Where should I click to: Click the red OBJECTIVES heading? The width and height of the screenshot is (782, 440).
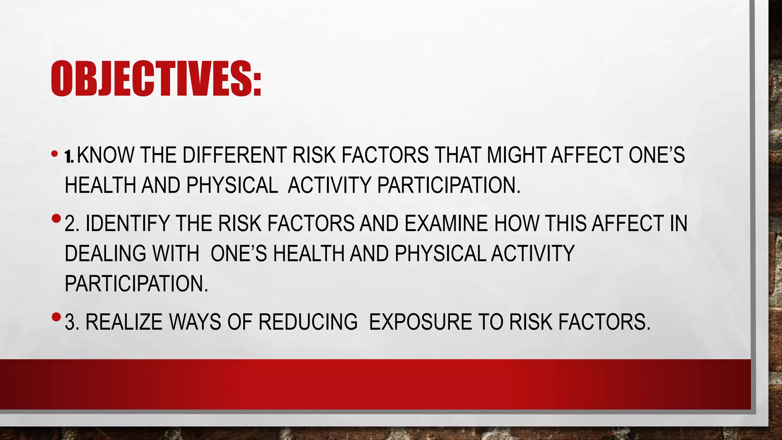tap(156, 79)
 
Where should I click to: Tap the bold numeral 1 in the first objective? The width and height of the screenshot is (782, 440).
tap(68, 157)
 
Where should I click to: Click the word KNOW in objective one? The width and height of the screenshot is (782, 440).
tap(106, 155)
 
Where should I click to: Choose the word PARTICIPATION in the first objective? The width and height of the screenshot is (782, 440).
tap(449, 186)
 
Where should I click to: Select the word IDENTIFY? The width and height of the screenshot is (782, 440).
tap(128, 224)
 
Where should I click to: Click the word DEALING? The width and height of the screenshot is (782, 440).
tap(105, 254)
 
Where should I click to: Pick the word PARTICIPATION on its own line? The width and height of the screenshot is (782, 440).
tap(136, 284)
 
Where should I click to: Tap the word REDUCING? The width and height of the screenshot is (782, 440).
tap(308, 322)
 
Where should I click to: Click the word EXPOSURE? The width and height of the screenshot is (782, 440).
tap(420, 322)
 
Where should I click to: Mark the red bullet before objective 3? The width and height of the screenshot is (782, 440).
tap(56, 317)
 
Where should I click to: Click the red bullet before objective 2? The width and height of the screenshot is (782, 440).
tap(56, 219)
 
